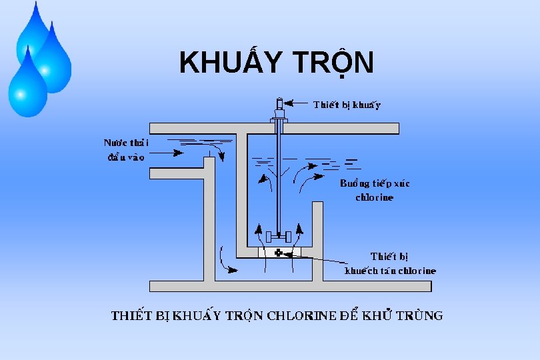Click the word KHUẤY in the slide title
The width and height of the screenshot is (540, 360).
(227, 63)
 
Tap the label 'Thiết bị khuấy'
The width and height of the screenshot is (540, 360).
(347, 105)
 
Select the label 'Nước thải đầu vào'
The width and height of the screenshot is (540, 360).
(126, 150)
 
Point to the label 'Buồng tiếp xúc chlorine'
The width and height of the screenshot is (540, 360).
(375, 190)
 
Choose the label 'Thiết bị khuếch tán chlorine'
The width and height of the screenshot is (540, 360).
(390, 263)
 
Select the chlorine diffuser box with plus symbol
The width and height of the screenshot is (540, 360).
(279, 252)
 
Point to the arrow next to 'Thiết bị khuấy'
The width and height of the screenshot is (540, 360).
(300, 104)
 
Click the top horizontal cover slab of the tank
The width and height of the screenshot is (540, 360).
(273, 129)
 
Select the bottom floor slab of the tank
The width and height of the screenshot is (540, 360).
(290, 286)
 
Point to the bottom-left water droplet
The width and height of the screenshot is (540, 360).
(27, 85)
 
